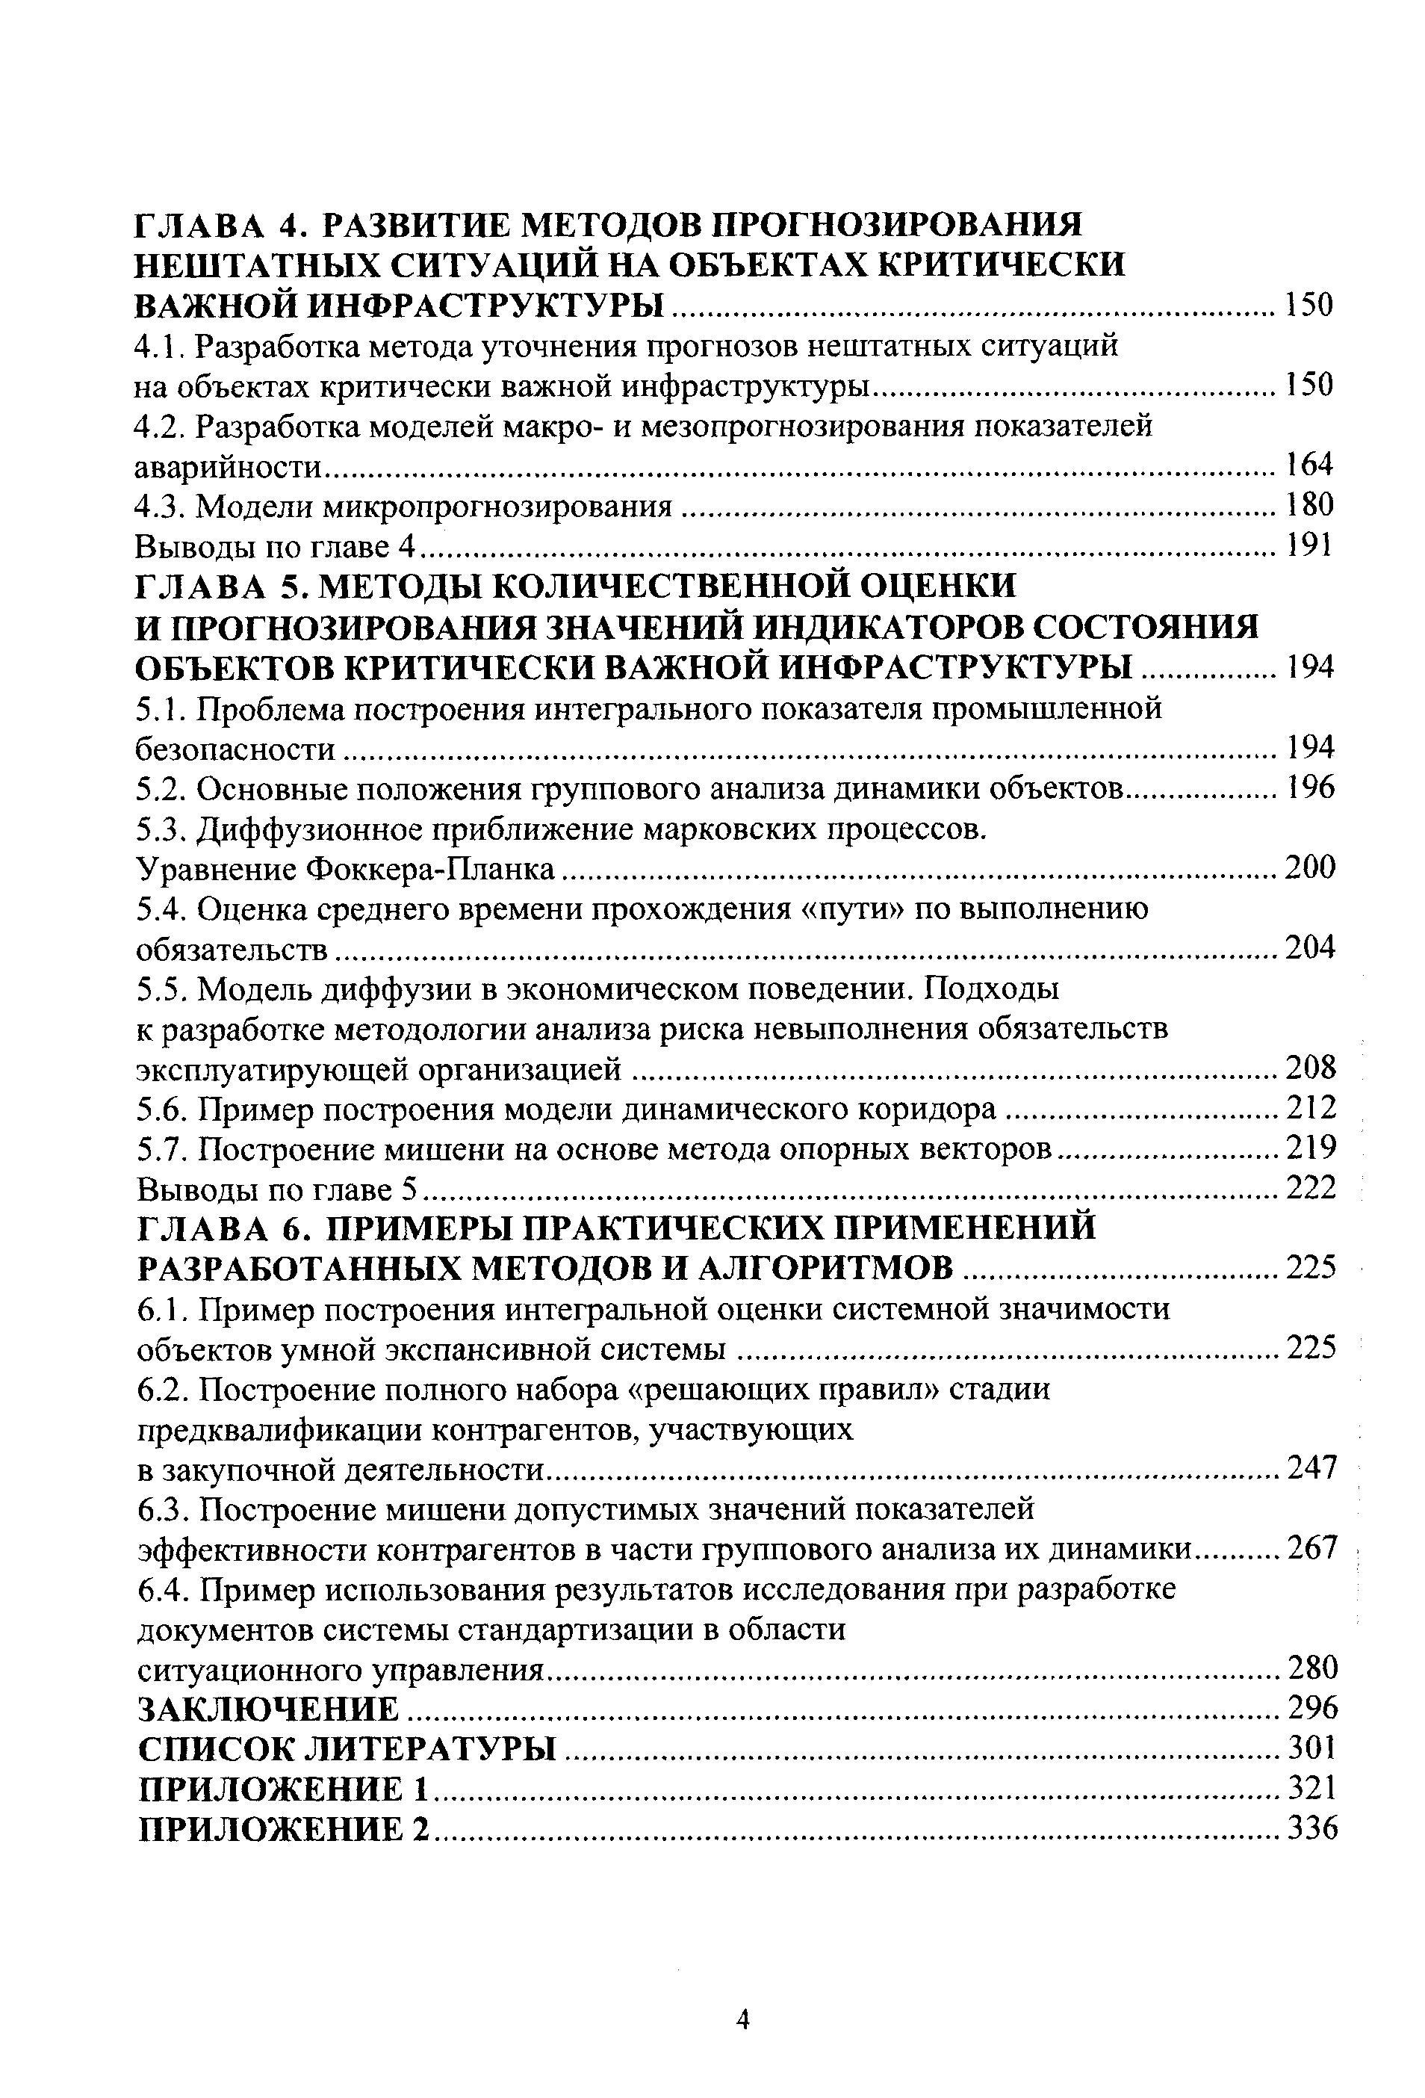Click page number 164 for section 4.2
click(1308, 464)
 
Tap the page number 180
click(1308, 504)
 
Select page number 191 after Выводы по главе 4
click(1308, 545)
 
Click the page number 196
click(1308, 788)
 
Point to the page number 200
click(1308, 867)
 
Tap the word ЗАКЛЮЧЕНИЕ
click(268, 1709)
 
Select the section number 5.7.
click(163, 1149)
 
